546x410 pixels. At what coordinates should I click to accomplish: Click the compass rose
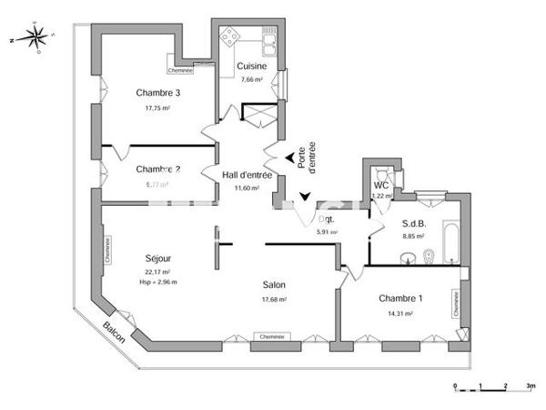click(35, 39)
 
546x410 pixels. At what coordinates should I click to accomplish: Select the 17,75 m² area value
click(158, 108)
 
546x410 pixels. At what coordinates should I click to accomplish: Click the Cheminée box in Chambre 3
click(181, 70)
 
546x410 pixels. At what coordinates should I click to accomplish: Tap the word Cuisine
click(251, 66)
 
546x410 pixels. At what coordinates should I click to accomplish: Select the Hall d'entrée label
click(247, 175)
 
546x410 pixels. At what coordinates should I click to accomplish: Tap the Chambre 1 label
click(401, 299)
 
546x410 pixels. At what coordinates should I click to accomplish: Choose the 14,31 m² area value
click(401, 313)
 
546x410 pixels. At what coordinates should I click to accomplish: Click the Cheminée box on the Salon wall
click(270, 336)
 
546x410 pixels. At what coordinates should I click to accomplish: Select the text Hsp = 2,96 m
click(159, 282)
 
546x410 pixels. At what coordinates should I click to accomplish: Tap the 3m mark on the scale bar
click(531, 386)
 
